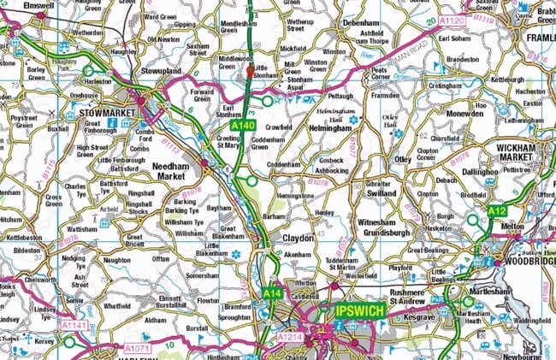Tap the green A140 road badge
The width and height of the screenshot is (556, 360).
pos(243,126)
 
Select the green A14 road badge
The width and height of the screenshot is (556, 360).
pos(272,293)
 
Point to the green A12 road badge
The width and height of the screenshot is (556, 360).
pos(496,210)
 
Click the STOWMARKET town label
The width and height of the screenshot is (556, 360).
pos(102,111)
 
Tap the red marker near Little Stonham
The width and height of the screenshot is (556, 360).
pos(250,72)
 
